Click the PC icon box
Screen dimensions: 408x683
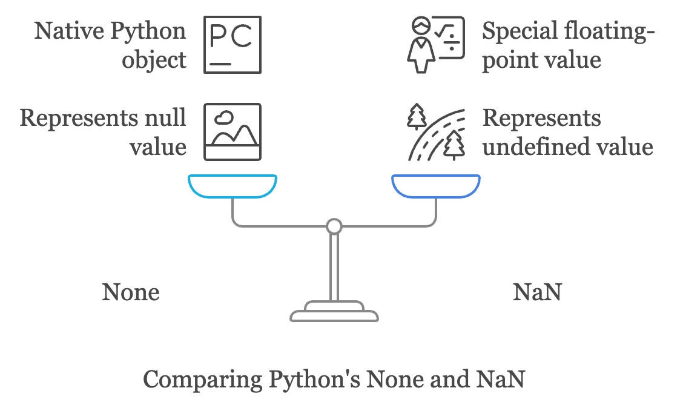tap(233, 45)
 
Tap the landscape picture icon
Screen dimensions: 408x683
tap(233, 131)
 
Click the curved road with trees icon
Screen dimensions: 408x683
tap(435, 132)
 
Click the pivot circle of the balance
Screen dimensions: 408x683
tap(334, 227)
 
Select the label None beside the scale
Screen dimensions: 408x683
tap(131, 292)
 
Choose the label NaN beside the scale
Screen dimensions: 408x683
tap(537, 292)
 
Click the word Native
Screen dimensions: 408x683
tap(67, 31)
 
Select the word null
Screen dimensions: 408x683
tap(168, 117)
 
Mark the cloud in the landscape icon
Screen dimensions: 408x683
tap(225, 117)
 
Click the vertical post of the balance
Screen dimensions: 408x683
tap(334, 266)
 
